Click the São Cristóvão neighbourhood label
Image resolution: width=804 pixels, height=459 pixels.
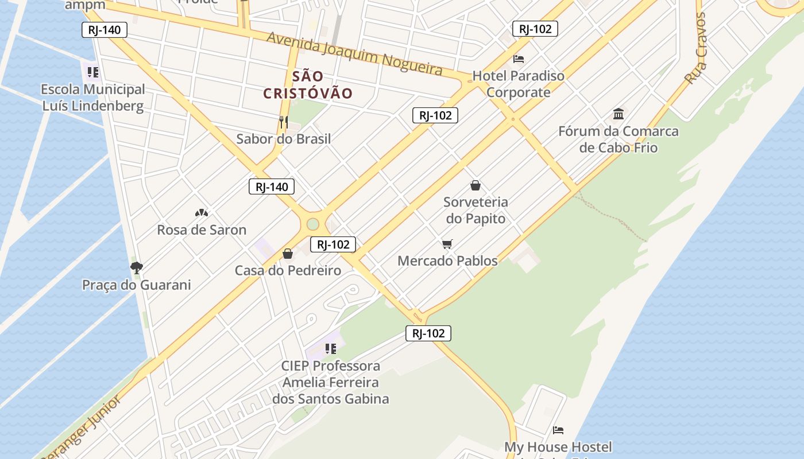[308, 84]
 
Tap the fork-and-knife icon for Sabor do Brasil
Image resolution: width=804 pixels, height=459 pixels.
[283, 122]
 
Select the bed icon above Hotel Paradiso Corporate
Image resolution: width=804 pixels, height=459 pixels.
[519, 59]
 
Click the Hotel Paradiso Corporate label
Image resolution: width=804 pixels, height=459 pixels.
[519, 84]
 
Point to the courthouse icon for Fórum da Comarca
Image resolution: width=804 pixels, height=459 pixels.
[619, 114]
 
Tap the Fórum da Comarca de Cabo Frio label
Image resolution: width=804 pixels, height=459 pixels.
[619, 139]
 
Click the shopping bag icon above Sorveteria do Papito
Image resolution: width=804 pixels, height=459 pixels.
[476, 185]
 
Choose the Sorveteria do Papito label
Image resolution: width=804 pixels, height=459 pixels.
[476, 210]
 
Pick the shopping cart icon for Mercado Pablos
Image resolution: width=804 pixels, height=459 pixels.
[447, 244]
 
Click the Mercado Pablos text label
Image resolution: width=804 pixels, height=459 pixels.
[447, 261]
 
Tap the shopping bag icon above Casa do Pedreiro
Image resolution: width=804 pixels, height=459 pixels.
[288, 253]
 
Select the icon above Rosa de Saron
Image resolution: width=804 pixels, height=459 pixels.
[202, 213]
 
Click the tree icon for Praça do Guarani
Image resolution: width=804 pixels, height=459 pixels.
[136, 267]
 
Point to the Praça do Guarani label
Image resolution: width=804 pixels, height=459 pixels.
[137, 285]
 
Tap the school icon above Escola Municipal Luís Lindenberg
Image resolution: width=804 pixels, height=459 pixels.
[93, 72]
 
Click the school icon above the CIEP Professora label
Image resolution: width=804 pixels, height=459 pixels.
[330, 348]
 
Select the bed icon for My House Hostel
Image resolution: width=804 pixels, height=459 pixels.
[558, 430]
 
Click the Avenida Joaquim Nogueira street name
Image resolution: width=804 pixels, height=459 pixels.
[355, 53]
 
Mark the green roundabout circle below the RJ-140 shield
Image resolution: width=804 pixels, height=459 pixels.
[312, 224]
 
